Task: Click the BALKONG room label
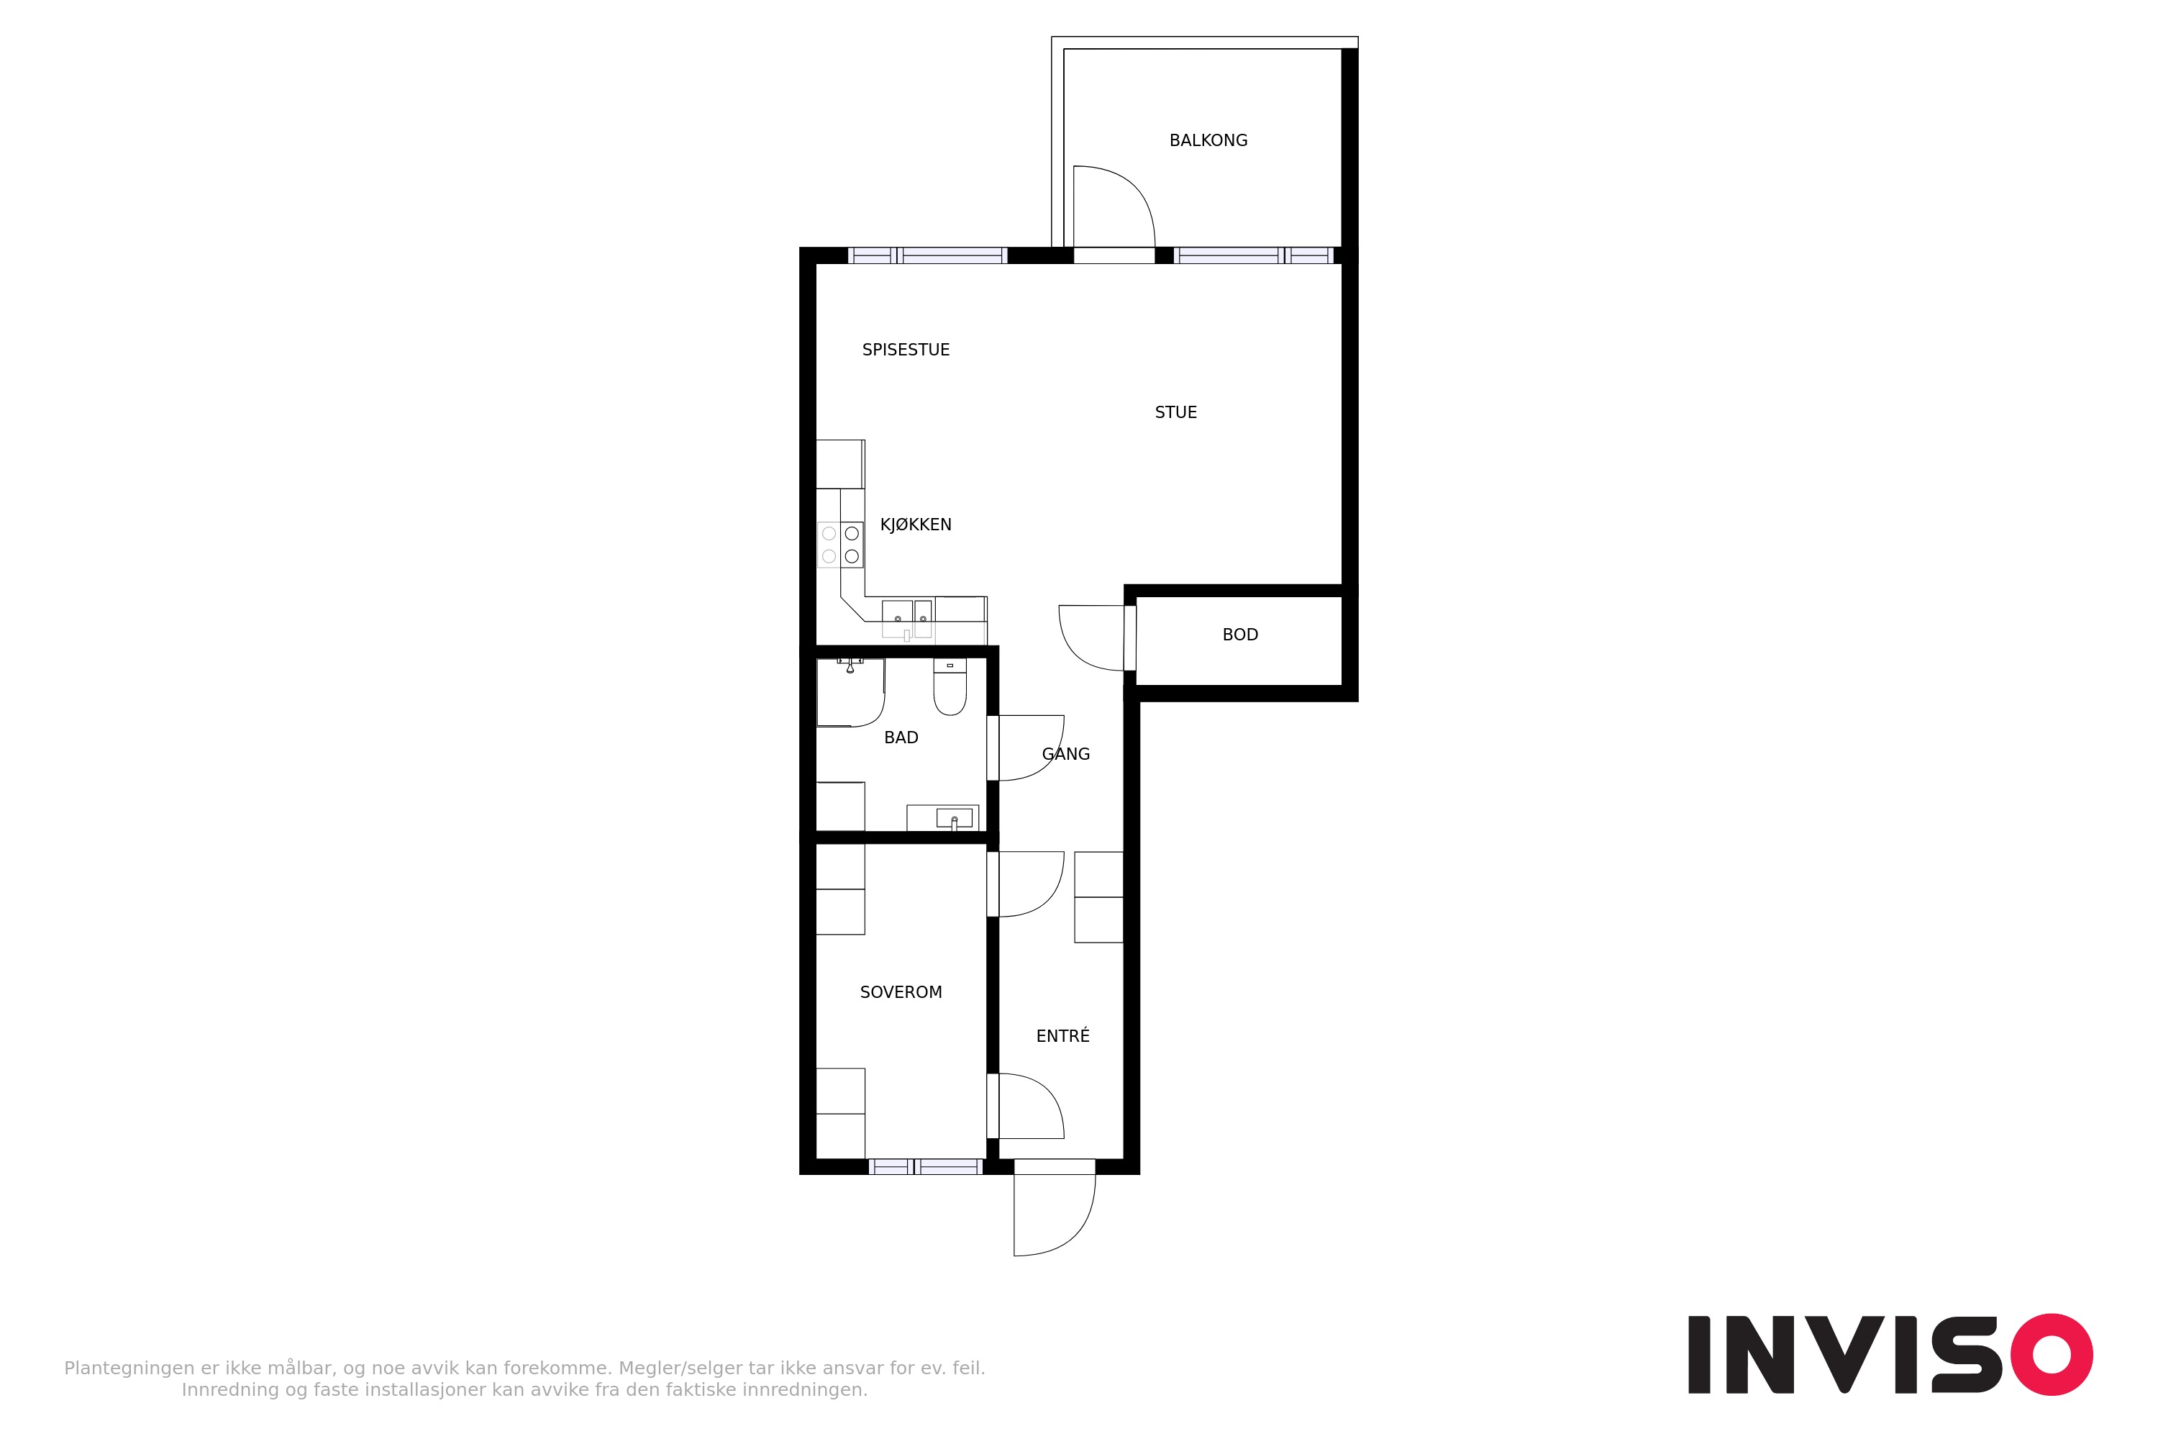[1208, 140]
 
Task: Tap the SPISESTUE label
[906, 350]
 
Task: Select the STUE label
[1175, 412]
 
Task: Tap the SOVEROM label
[901, 992]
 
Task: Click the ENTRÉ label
[1062, 1035]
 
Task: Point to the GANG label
[1065, 753]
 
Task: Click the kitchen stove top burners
[840, 544]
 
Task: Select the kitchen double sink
[906, 619]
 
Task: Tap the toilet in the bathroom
[950, 686]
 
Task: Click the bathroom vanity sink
[953, 817]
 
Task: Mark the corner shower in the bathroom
[850, 693]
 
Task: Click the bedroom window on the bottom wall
[925, 1166]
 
